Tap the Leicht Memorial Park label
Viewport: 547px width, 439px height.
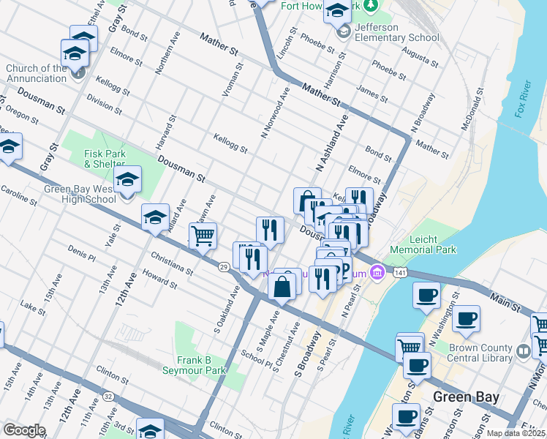(x=423, y=244)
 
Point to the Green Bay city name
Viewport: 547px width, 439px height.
(x=466, y=397)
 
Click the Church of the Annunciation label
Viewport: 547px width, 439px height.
(x=37, y=73)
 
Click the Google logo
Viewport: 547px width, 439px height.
(x=23, y=430)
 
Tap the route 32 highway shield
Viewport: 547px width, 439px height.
(x=108, y=397)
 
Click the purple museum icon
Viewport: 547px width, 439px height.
(x=377, y=273)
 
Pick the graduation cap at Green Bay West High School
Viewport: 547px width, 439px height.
(x=128, y=179)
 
